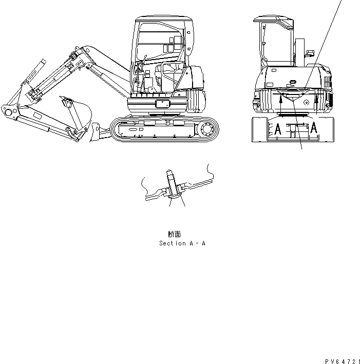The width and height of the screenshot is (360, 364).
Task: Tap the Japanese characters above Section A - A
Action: (174, 234)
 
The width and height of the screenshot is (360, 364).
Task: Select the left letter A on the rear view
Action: (278, 129)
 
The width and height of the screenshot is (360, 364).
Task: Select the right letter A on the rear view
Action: (312, 128)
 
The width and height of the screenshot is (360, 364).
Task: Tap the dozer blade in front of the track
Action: (95, 132)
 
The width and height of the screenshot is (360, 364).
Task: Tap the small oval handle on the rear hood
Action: (293, 81)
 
